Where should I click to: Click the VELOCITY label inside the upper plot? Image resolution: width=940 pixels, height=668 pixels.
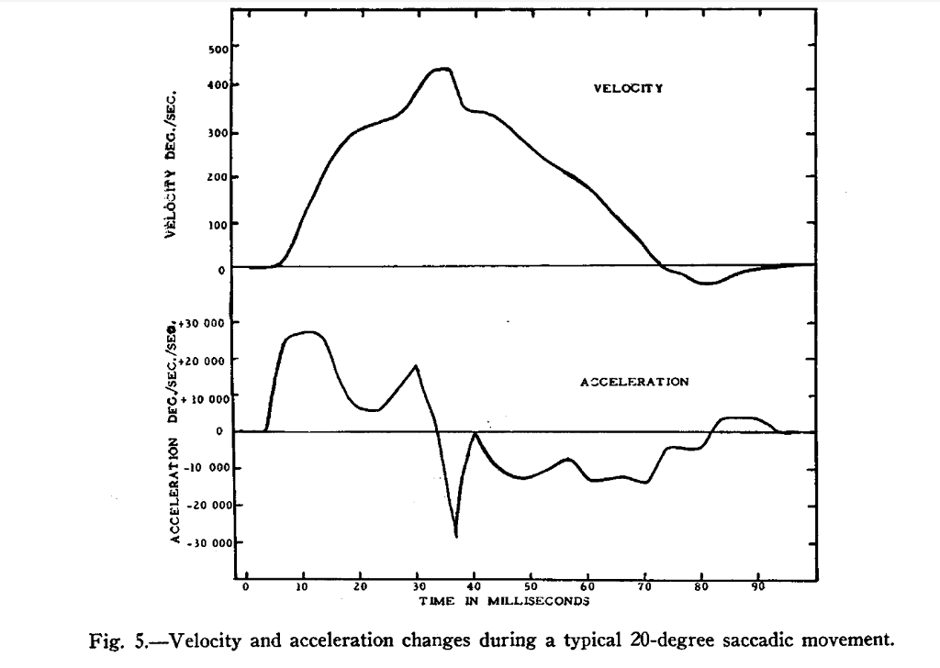pos(629,89)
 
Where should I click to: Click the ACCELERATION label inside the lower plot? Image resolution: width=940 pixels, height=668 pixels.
pos(634,381)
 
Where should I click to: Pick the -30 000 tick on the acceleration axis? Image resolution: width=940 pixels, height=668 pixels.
pos(212,543)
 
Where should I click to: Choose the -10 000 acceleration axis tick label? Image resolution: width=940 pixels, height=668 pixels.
pos(212,469)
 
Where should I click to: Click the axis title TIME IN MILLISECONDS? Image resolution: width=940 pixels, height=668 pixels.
pos(504,601)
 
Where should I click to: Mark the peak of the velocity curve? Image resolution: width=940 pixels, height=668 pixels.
pos(442,69)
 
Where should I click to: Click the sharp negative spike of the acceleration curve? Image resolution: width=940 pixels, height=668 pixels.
pos(456,534)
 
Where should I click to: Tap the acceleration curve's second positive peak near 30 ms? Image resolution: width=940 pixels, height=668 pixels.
pos(417,366)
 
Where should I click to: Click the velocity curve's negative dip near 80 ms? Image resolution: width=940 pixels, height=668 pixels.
pos(706,283)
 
